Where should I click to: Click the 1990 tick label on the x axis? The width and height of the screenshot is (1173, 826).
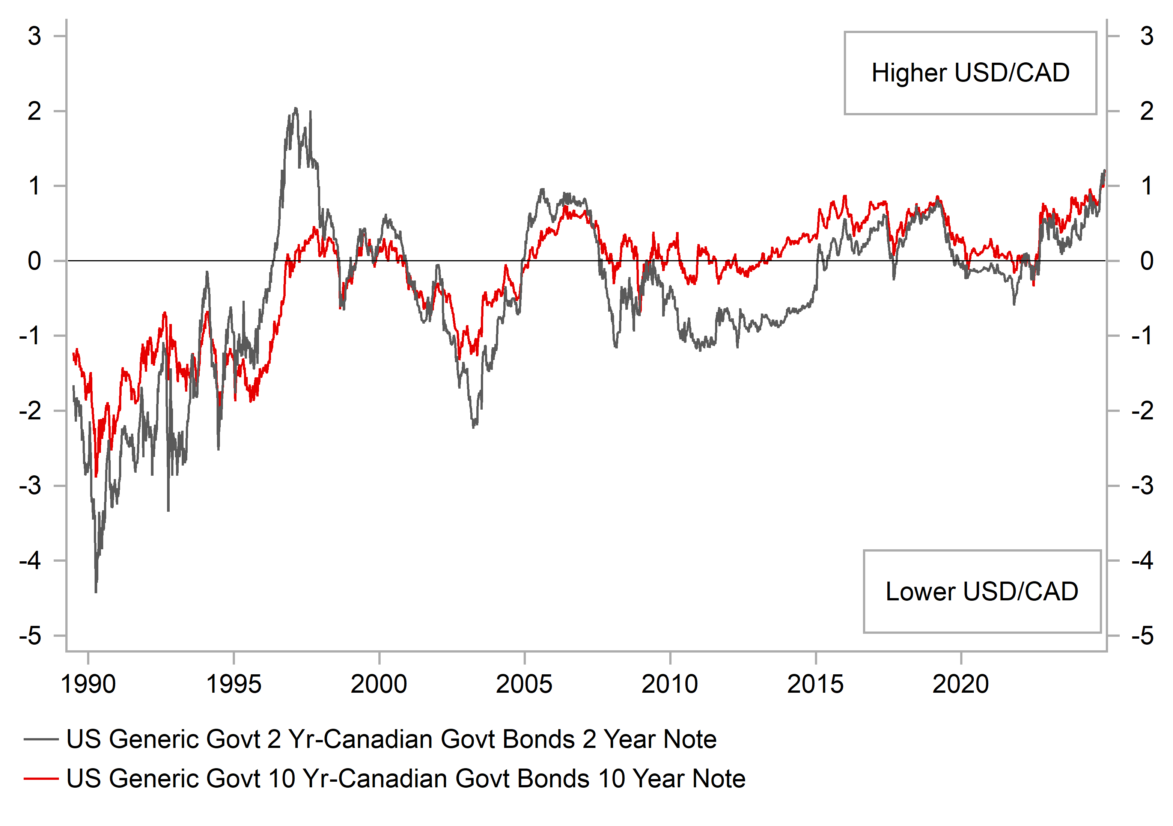click(88, 684)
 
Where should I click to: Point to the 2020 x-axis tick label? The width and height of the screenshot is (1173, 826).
click(961, 684)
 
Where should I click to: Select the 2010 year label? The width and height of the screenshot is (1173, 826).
click(669, 684)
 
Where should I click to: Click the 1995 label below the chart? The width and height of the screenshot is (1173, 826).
click(233, 684)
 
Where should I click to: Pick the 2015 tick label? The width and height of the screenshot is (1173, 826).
click(815, 684)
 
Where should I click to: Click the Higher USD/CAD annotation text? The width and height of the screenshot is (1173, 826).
click(970, 72)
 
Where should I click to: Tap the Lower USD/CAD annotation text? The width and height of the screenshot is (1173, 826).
click(982, 591)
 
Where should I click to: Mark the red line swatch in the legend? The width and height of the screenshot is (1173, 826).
click(41, 778)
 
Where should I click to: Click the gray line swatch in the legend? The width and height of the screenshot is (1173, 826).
click(41, 739)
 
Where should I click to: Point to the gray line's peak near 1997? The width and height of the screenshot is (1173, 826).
click(295, 109)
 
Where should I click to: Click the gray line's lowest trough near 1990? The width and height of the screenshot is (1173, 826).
click(96, 592)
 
